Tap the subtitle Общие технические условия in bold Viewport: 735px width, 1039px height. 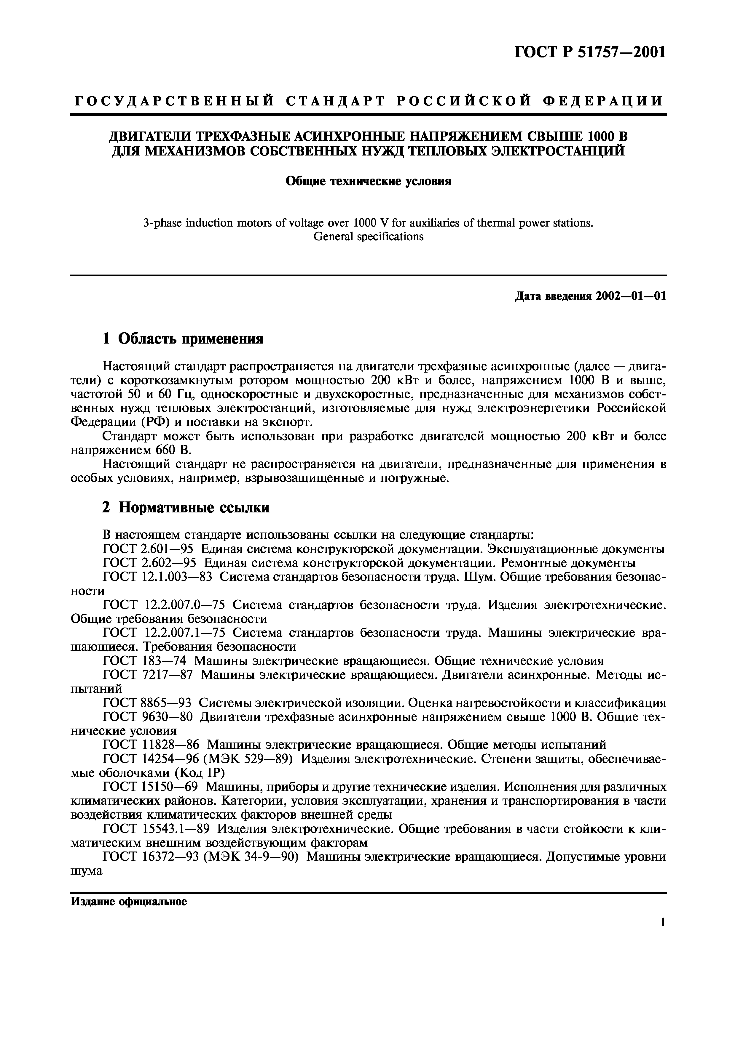pos(368,182)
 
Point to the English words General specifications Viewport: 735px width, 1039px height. pos(368,236)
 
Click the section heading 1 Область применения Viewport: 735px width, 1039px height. pos(183,338)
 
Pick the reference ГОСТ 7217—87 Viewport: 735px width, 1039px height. pos(148,675)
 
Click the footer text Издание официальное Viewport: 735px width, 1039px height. pos(129,902)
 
